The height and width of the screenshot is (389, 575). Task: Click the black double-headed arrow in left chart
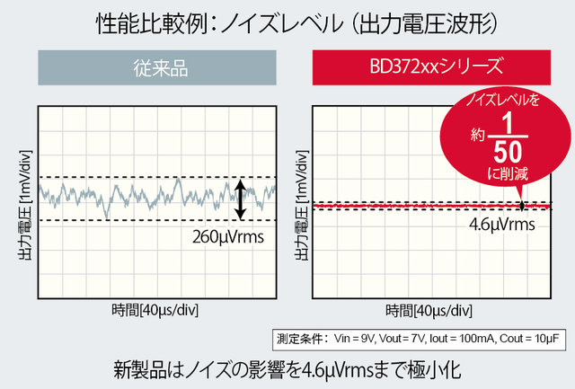click(x=240, y=199)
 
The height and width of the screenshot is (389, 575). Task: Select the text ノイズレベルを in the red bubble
click(x=507, y=101)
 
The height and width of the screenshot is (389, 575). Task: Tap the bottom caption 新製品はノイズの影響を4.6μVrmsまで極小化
click(x=287, y=369)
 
